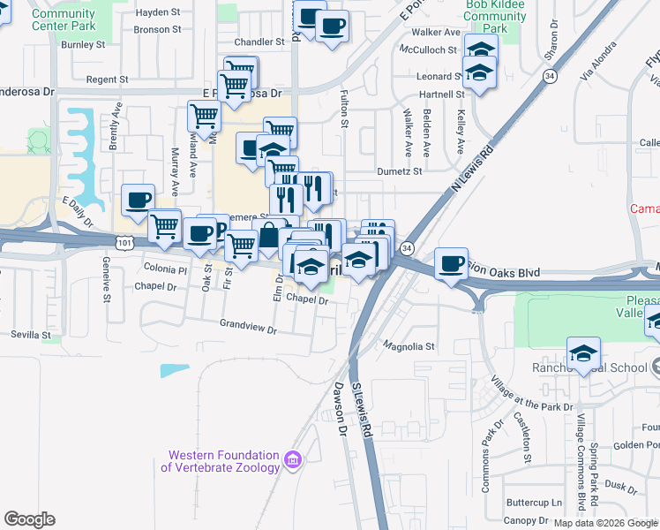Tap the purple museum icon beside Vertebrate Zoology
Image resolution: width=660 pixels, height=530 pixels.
294,458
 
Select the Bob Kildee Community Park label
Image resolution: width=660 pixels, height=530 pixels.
494,16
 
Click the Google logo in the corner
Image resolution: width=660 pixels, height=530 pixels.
29,519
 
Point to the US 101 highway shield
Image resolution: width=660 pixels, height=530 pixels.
122,241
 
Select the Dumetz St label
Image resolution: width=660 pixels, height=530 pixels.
400,172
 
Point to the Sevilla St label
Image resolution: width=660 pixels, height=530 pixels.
33,335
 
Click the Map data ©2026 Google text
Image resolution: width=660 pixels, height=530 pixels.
605,523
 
